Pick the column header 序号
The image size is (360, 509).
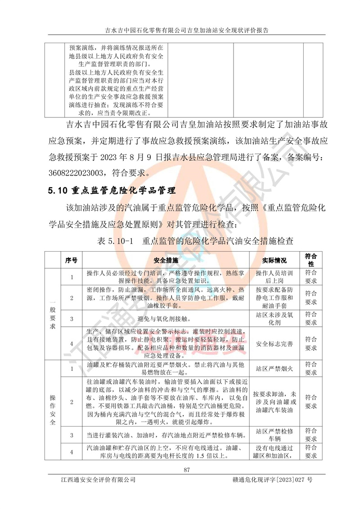pos(71,261)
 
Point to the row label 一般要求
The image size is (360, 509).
pos(53,314)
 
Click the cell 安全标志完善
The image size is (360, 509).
pos(274,344)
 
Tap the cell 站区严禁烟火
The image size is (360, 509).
pos(274,369)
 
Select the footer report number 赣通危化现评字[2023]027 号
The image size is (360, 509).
pos(266,480)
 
